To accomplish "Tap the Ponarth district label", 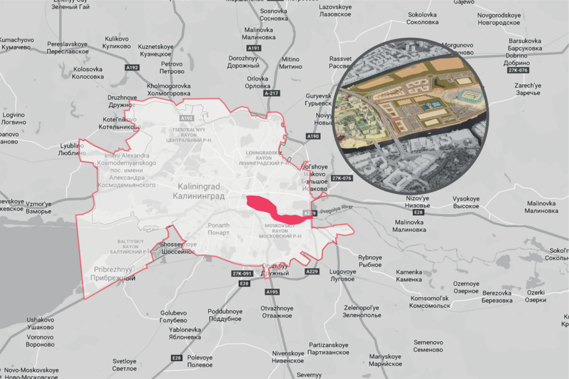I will (x=218, y=229).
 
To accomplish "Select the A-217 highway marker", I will (x=272, y=93).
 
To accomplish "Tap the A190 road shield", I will (x=313, y=136).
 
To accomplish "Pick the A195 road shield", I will (x=272, y=292).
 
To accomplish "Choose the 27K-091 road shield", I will (x=242, y=273).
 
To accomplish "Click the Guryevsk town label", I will (x=317, y=99).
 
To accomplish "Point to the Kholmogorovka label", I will (x=168, y=90).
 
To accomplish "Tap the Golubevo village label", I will (x=173, y=316).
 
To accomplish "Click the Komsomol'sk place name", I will (x=430, y=302).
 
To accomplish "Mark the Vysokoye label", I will (x=466, y=202).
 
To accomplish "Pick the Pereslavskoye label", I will (x=68, y=47).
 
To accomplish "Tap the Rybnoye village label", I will (x=370, y=261).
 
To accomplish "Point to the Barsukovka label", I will (x=525, y=44).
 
